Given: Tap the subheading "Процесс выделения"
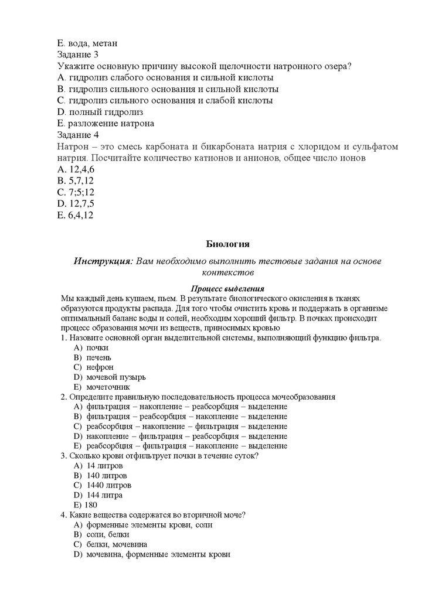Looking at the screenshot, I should point(228,288).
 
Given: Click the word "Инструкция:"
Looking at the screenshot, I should point(103,261).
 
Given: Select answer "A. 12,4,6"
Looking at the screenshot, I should point(76,169).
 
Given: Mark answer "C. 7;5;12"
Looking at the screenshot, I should point(76,192).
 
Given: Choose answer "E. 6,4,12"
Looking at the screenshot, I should point(76,214).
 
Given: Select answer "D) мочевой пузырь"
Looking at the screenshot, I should point(110,377).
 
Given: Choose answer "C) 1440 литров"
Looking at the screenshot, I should point(103,485).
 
